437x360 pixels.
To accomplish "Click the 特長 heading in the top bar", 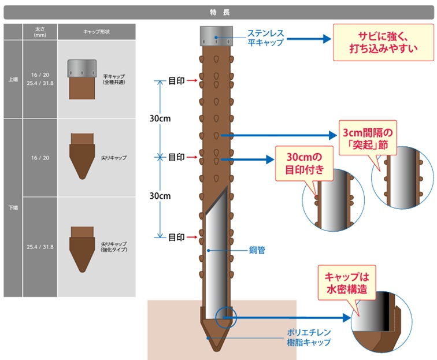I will tap(218, 12).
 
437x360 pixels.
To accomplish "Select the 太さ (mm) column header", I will tap(40, 32).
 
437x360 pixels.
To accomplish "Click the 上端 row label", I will tap(13, 79).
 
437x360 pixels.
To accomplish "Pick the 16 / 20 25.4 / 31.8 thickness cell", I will tap(40, 79).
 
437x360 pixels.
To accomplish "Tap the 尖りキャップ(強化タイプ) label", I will tap(113, 247).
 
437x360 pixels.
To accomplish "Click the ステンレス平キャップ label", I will tap(265, 38).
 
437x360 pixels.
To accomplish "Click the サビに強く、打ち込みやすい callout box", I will tap(383, 43).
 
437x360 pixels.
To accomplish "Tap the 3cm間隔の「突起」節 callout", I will tap(366, 139).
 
